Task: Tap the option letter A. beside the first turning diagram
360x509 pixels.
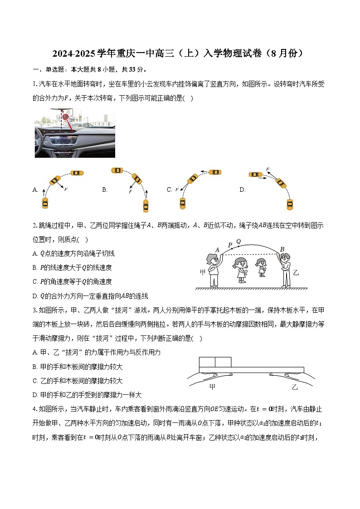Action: coord(35,190)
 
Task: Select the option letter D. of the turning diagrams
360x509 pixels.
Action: coord(243,190)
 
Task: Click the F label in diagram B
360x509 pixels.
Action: coord(130,192)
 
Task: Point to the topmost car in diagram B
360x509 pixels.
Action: coord(117,170)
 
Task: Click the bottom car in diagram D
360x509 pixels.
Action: coord(290,204)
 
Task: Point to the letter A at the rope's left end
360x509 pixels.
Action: coord(217,250)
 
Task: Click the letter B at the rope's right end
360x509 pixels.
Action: coord(282,249)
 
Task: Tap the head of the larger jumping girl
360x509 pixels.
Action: coord(242,263)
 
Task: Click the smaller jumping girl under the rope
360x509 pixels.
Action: coord(262,267)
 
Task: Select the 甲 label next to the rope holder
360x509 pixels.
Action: coord(203,272)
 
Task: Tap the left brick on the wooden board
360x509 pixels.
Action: coord(207,362)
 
